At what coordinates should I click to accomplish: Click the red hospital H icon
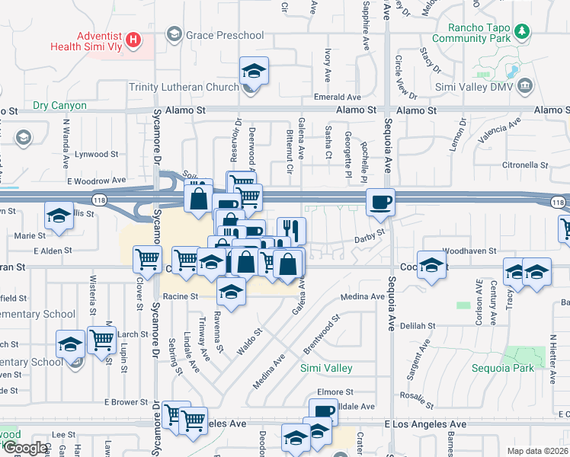point(133,39)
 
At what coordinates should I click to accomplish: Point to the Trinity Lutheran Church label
point(184,88)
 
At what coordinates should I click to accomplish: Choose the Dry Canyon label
point(59,106)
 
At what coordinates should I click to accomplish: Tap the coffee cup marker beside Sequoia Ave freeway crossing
point(380,202)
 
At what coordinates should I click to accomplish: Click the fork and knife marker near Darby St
point(291,230)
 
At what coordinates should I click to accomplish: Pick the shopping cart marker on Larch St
point(101,340)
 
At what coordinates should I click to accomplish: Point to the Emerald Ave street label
point(338,97)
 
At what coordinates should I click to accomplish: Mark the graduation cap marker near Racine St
point(231,291)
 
